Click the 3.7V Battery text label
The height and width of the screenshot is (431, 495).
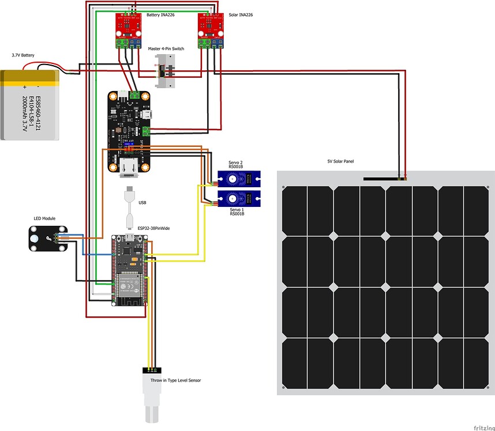23,56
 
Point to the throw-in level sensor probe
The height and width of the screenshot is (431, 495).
154,398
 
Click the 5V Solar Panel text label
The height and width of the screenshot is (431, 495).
340,162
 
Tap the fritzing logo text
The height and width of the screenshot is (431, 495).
483,428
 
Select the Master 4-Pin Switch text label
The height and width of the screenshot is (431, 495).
166,49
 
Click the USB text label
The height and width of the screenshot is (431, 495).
142,202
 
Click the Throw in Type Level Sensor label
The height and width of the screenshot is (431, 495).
177,380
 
